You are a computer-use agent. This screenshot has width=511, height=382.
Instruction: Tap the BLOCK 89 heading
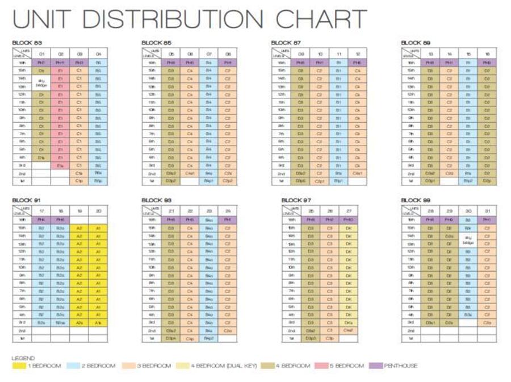[416, 43]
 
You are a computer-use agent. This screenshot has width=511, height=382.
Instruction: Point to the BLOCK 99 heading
[416, 201]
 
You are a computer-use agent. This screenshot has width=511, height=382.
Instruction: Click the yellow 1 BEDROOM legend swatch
[15, 366]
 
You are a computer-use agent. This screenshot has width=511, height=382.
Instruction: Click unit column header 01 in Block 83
[41, 54]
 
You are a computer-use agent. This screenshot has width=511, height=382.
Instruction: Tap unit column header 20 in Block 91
[98, 211]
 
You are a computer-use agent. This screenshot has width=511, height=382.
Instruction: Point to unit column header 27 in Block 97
[349, 211]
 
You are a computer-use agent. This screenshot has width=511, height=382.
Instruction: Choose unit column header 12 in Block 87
[357, 54]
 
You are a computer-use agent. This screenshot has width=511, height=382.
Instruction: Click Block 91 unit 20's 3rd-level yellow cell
[98, 322]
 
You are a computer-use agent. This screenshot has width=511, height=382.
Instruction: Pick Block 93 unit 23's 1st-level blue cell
[208, 338]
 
